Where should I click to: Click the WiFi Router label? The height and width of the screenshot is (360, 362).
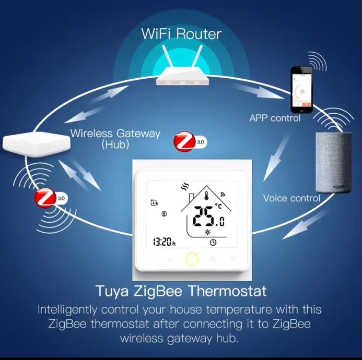pos(181,34)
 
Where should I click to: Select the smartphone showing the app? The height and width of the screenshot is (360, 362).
pos(301,90)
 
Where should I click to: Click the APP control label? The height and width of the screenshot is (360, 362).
pos(275,118)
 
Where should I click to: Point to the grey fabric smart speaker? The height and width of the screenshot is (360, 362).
pos(334,162)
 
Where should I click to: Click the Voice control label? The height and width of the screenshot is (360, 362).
pos(291,198)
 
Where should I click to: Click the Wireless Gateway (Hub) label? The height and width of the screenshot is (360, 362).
pos(115,139)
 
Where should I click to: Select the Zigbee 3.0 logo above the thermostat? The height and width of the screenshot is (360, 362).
pos(190,141)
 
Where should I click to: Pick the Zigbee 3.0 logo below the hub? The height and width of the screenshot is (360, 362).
pos(51,198)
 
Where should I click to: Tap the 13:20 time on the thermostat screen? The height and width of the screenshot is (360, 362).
pos(164,242)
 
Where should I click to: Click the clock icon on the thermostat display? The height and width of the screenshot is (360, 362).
pos(213,243)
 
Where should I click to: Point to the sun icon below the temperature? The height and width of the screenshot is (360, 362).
pos(207,232)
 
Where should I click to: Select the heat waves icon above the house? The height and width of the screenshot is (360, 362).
pos(185,187)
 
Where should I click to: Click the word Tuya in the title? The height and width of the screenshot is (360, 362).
pos(112,292)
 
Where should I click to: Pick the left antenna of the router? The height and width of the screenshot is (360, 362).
pos(168,56)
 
